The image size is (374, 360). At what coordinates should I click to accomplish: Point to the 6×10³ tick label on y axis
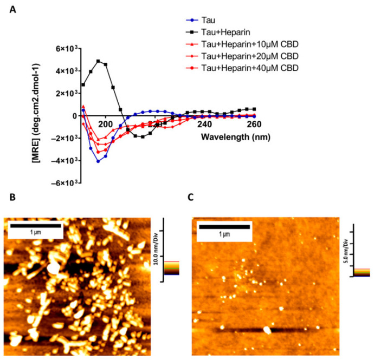tap(64, 49)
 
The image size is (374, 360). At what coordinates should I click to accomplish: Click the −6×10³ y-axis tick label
tap(62, 183)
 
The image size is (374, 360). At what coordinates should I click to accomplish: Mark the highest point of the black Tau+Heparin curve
tap(98, 61)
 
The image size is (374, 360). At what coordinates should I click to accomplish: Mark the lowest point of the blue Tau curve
tap(98, 161)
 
